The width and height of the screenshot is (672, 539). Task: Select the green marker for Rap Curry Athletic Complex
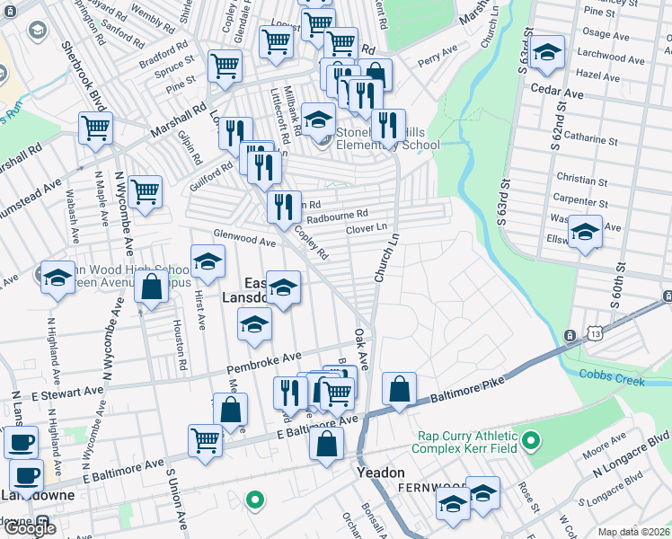531,440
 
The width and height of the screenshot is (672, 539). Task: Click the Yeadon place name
381,473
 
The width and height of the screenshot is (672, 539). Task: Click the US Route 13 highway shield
570,336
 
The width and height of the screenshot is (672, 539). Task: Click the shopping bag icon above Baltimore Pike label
399,390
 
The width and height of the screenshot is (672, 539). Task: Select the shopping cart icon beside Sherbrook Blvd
94,128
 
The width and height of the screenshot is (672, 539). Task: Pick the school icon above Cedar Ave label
546,52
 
